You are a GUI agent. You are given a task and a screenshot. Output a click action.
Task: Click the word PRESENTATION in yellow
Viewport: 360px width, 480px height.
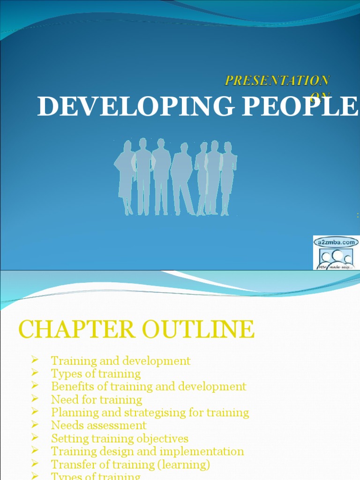(x=277, y=80)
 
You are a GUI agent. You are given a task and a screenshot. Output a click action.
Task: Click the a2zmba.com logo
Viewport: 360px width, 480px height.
(x=336, y=253)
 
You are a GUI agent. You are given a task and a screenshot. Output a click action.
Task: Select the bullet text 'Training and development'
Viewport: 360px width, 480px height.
(x=120, y=360)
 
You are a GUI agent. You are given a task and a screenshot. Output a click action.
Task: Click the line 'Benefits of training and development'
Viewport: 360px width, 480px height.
(x=148, y=386)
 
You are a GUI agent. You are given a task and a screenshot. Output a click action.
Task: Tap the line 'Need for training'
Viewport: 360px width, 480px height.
(x=96, y=399)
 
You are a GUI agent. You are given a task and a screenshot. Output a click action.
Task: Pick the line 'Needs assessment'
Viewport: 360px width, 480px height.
(x=98, y=425)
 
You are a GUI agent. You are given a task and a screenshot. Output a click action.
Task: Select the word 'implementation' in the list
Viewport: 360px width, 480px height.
(x=202, y=451)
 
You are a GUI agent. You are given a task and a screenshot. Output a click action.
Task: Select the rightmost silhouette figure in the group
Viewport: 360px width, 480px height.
(x=228, y=178)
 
